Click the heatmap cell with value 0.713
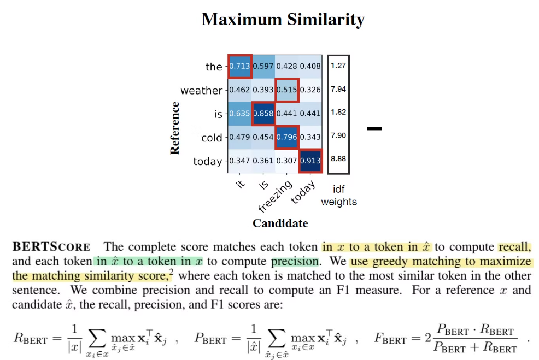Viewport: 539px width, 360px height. click(x=240, y=67)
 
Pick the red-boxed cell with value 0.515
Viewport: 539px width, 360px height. click(x=287, y=90)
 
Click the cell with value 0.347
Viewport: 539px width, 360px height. click(x=240, y=161)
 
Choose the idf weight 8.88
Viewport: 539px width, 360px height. click(x=338, y=158)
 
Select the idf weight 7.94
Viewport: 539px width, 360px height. click(x=338, y=88)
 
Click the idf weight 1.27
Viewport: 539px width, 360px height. click(x=338, y=64)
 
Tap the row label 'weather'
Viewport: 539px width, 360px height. click(x=202, y=91)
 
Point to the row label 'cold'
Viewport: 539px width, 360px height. click(x=212, y=138)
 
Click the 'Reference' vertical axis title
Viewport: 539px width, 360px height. click(x=175, y=127)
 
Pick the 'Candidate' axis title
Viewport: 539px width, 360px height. click(x=280, y=223)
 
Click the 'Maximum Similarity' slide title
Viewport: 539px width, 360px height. click(x=283, y=20)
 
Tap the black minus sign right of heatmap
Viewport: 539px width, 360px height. click(x=374, y=129)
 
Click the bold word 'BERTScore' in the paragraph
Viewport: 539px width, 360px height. click(x=51, y=247)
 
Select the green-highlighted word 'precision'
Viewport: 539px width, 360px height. click(x=295, y=262)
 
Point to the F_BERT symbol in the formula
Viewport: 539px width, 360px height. click(x=390, y=339)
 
